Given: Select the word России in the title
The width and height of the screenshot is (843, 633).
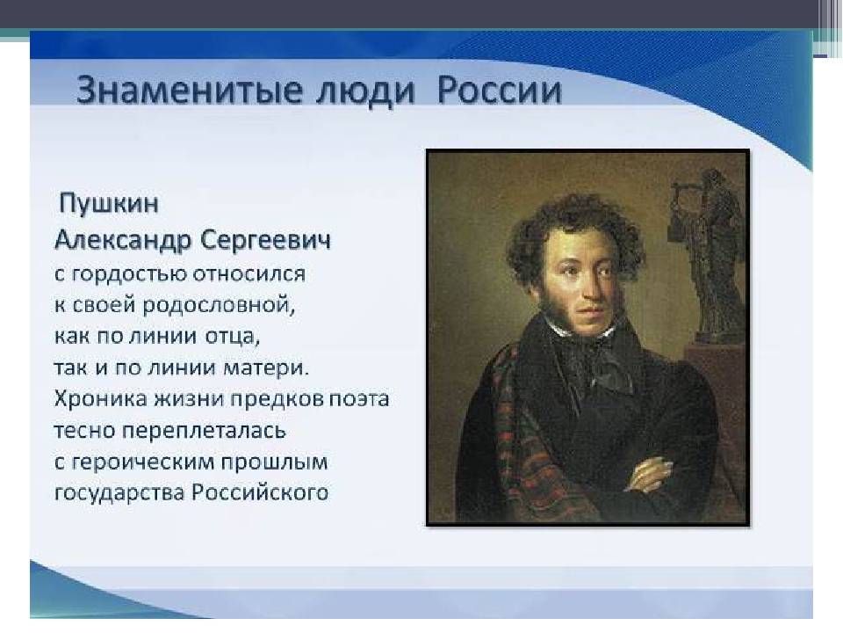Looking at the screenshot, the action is point(499,90).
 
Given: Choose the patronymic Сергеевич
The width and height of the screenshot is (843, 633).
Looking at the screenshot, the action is point(265,240).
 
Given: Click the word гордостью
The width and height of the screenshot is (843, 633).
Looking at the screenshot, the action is point(130,274).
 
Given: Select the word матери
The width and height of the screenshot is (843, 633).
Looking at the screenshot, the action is point(266,368).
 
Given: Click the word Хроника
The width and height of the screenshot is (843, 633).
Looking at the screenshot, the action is point(101,399).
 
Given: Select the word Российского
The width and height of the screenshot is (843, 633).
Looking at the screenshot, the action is point(260,492).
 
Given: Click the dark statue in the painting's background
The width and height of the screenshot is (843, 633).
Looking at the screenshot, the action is point(704,253).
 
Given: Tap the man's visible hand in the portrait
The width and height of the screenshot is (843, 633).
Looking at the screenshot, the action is point(652,474).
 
